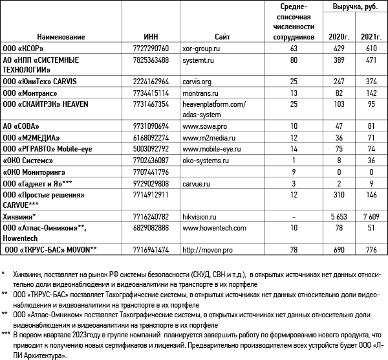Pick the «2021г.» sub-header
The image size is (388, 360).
pyautogui.click(x=371, y=38)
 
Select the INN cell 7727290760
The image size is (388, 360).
pyautogui.click(x=149, y=49)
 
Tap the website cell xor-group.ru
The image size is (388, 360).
pyautogui.click(x=206, y=49)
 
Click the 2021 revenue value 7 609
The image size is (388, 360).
pyautogui.click(x=371, y=215)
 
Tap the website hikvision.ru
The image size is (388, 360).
pyautogui.click(x=202, y=215)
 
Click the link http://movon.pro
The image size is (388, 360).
pyautogui.click(x=208, y=249)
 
